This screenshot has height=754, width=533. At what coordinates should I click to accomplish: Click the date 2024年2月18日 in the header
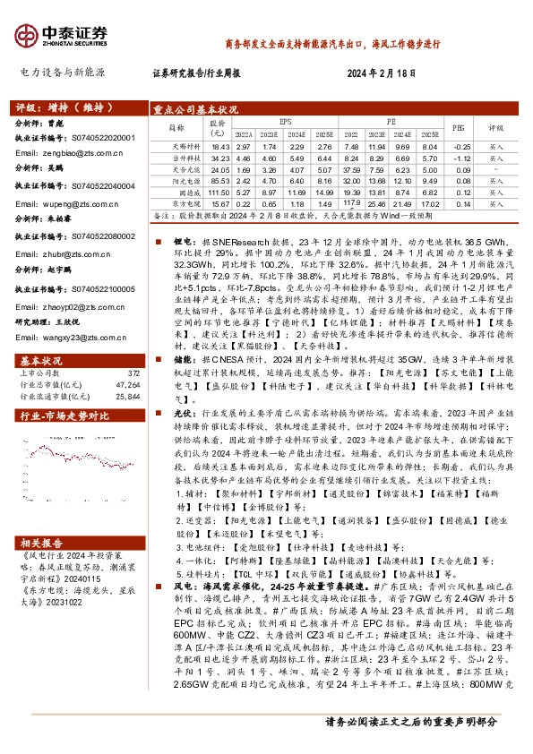click(x=383, y=73)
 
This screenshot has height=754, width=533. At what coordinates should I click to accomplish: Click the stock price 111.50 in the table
click(x=220, y=191)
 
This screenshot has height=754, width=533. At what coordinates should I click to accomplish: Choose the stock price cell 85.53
click(x=220, y=179)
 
